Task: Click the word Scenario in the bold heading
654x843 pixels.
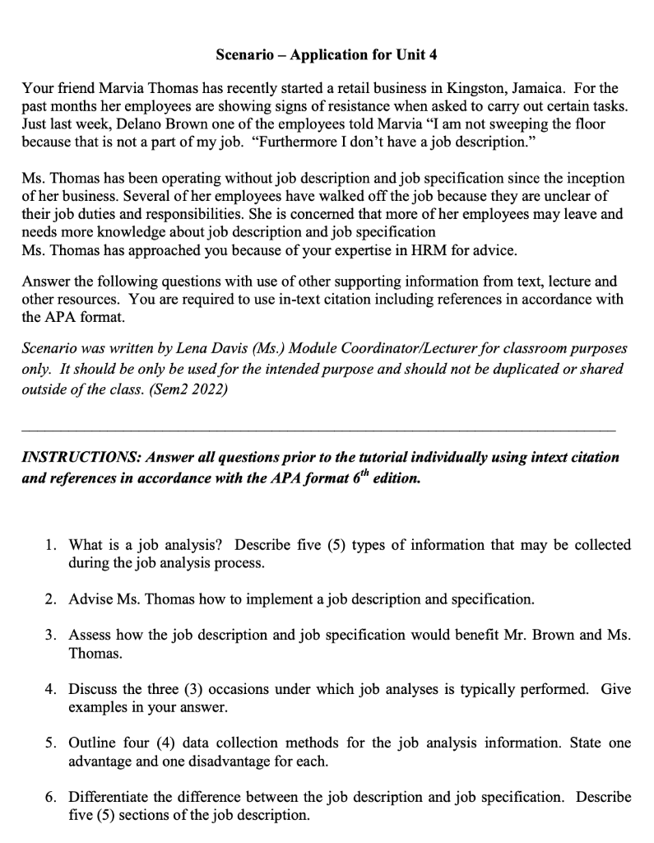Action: pos(244,55)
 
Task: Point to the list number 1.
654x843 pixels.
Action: pos(50,545)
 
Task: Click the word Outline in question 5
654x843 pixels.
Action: pos(93,743)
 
